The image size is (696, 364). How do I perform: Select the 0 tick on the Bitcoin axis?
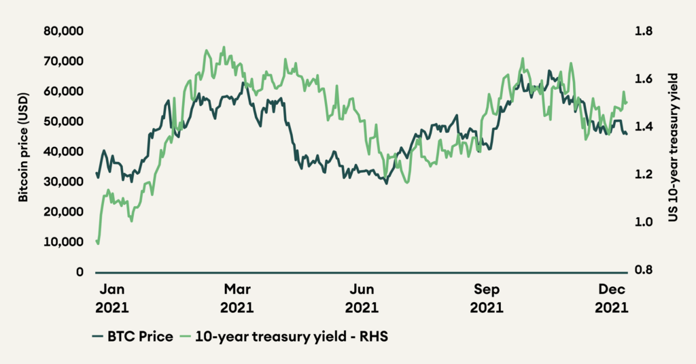point(80,272)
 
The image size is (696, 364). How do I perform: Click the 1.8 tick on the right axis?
point(644,31)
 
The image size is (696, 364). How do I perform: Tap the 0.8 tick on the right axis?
point(644,270)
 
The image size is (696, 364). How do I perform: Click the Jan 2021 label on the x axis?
point(111,297)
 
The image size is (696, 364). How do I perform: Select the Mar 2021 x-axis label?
point(237,297)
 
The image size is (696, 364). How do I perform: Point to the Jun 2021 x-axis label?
point(362,297)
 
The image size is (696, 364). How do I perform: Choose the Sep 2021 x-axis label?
point(487,297)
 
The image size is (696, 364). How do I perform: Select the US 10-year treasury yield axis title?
point(676,150)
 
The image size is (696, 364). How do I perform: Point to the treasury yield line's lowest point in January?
point(98,244)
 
